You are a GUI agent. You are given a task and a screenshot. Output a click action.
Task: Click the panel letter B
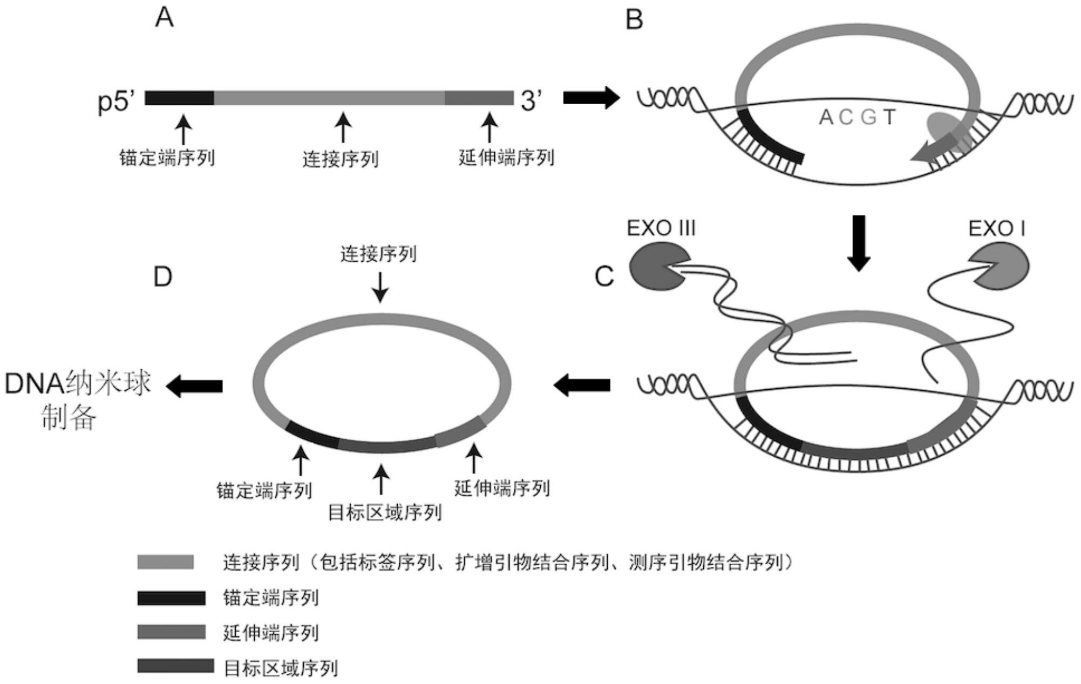pos(634,20)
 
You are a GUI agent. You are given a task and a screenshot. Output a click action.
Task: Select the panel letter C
pos(604,276)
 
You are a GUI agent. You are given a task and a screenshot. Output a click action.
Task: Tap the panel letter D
pos(162,276)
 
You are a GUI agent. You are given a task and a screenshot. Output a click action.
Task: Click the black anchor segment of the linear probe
pos(179,98)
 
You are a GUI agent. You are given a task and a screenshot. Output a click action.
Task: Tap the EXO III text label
pos(661,228)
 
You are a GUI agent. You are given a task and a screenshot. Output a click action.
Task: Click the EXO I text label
pos(997,229)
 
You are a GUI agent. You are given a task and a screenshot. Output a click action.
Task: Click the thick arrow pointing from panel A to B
pos(591,98)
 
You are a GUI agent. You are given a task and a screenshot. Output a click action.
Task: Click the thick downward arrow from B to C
pos(858,243)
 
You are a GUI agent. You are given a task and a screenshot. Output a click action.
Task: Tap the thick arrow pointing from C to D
pos(582,385)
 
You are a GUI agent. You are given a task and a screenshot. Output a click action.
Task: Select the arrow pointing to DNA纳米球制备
pos(194,386)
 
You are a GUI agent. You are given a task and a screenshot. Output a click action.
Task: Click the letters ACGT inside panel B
pos(857,117)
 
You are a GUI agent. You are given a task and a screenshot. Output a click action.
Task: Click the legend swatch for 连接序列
pos(165,562)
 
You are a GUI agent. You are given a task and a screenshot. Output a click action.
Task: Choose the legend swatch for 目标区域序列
pos(175,666)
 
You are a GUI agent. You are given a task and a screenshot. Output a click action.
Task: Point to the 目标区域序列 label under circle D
pos(385,512)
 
